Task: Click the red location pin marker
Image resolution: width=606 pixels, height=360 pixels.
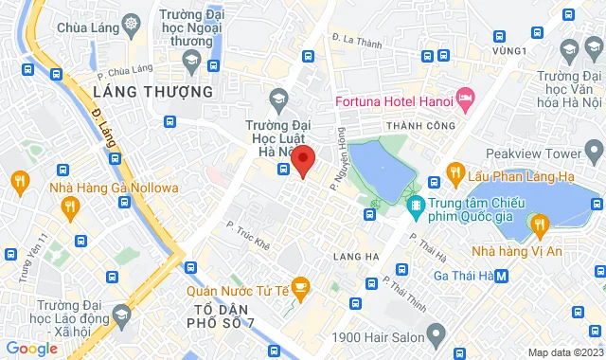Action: coord(302,159)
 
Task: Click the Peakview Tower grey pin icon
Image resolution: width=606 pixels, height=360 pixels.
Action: coord(594,150)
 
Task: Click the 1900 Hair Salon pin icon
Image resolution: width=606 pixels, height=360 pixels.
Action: coord(436,333)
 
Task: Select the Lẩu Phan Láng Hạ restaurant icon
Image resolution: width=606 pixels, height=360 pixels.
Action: coord(455,172)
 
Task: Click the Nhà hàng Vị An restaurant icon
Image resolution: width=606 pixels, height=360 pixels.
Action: coord(540,225)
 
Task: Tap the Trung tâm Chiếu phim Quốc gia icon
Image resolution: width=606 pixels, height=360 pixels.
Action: coord(415,204)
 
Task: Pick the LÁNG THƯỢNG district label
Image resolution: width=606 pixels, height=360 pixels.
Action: coord(153,92)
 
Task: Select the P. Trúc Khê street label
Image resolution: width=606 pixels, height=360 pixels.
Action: coord(249,236)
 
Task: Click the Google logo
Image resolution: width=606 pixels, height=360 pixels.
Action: coord(31,349)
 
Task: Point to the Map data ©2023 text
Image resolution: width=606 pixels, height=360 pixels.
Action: coord(563,352)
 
